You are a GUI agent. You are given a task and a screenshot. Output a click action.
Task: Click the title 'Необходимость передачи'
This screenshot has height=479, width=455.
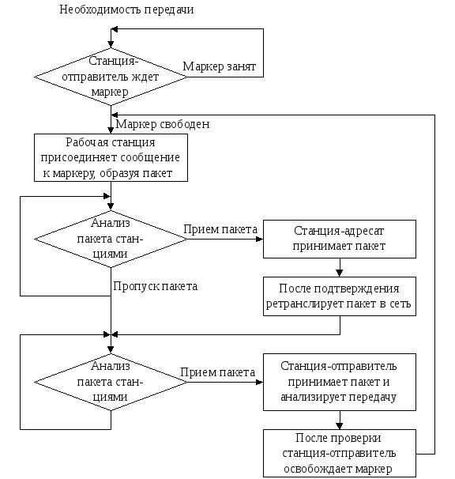(x=126, y=9)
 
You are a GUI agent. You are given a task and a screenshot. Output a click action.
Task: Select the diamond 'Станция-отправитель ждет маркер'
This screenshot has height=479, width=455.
(x=111, y=77)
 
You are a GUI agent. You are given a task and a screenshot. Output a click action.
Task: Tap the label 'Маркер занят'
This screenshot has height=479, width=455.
(x=220, y=66)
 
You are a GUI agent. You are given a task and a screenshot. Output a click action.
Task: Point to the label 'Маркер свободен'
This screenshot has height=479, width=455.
(x=163, y=124)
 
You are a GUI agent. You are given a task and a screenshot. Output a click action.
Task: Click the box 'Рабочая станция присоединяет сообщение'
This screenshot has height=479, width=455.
(x=111, y=157)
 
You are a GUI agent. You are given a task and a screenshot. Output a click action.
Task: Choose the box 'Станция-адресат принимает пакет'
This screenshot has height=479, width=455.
(x=340, y=239)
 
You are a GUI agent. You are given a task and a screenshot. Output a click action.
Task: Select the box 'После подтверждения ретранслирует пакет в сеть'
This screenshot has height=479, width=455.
(x=340, y=296)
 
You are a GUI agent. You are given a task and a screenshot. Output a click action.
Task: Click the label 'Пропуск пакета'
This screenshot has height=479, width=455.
(x=155, y=287)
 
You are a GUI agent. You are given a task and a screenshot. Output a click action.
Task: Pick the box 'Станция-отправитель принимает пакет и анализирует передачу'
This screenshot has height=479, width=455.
(x=340, y=382)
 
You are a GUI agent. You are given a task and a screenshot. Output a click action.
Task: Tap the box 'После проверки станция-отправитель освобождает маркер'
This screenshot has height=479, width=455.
(x=340, y=453)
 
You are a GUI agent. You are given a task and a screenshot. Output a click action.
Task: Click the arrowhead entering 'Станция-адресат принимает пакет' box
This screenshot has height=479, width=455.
(x=260, y=239)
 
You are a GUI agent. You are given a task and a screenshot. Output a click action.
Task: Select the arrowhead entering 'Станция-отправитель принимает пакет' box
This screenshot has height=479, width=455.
(x=260, y=382)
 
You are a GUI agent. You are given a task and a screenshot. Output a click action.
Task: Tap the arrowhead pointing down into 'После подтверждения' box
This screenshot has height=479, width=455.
(x=340, y=273)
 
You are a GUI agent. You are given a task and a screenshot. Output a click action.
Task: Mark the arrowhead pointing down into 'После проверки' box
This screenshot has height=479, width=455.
(x=340, y=425)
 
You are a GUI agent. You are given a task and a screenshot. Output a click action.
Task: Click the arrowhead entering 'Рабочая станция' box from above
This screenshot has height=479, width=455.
(x=111, y=130)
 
